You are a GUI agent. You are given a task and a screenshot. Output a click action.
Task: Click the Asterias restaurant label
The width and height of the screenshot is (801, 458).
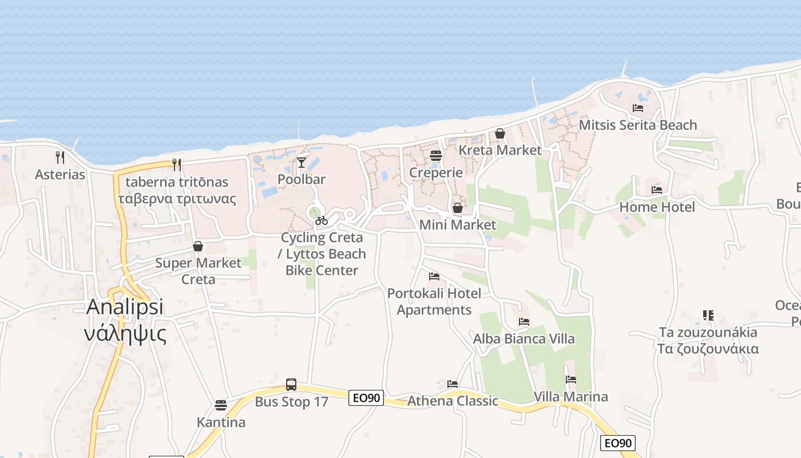(x=60, y=175)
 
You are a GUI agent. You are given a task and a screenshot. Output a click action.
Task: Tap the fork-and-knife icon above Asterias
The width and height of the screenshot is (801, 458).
(x=60, y=156)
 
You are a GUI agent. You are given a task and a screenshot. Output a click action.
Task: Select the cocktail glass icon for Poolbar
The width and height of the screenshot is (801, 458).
(x=302, y=163)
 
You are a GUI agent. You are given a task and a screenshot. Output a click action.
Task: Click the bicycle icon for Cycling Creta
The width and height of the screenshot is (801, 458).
(x=322, y=220)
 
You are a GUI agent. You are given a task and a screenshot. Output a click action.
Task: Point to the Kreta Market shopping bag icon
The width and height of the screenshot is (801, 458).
(x=500, y=133)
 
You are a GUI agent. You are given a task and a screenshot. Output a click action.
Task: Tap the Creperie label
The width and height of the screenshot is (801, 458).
(x=436, y=172)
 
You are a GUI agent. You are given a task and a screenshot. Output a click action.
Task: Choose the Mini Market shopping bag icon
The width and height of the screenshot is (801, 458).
(x=458, y=208)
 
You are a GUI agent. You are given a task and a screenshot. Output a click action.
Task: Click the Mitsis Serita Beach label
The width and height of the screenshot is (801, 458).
(x=638, y=125)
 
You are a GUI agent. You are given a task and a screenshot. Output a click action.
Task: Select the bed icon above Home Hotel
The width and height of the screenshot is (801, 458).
(x=657, y=190)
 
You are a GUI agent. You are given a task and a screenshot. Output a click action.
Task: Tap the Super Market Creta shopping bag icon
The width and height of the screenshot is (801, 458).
(x=198, y=246)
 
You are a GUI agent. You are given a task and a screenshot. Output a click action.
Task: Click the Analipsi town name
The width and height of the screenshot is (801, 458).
(x=125, y=307)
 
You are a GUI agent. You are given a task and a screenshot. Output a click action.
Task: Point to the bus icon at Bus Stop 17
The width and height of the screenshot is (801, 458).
(x=291, y=384)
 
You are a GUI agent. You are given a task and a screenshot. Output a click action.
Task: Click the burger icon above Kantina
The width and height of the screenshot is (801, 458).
(x=221, y=405)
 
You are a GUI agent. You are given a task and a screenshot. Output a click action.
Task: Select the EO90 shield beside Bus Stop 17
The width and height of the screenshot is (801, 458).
(x=366, y=398)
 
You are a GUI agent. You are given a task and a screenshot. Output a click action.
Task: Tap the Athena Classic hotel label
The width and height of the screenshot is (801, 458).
(x=453, y=401)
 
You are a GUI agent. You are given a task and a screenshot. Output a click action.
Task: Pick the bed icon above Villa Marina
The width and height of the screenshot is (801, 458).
(x=571, y=380)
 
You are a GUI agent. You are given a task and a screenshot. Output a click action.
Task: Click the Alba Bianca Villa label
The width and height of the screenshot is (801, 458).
(x=524, y=339)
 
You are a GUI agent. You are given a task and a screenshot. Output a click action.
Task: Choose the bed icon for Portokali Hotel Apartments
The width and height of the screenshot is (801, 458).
(x=434, y=277)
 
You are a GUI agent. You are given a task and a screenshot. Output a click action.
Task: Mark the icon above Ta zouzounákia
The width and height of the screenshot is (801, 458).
(x=708, y=315)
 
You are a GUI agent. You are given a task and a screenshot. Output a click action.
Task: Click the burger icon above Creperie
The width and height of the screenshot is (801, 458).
(x=436, y=156)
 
